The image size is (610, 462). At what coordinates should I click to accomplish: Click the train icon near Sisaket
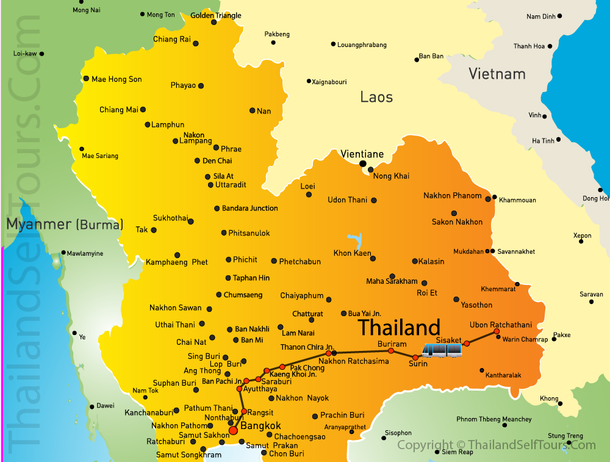tap(442, 350)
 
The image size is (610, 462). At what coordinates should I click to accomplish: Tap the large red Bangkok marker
tap(233, 431)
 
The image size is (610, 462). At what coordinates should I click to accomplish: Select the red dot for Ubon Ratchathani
tap(496, 331)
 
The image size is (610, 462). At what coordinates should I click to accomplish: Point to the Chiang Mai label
tap(119, 110)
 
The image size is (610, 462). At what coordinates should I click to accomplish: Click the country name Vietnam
tap(497, 74)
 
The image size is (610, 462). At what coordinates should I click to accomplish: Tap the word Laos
tap(376, 97)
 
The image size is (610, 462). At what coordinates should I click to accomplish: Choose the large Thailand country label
tap(399, 328)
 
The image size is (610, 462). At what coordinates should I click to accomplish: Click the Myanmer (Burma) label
tap(65, 224)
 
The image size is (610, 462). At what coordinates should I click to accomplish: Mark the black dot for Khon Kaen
tap(373, 258)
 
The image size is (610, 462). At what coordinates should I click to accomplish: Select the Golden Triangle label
tap(216, 15)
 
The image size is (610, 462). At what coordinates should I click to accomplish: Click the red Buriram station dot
tap(391, 351)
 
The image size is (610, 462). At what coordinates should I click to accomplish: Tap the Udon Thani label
tap(348, 200)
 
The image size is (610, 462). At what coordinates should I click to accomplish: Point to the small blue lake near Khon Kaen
tap(354, 240)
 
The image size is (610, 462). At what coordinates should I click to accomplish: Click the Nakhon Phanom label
tap(453, 196)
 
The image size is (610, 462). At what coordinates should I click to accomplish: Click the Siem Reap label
tap(457, 452)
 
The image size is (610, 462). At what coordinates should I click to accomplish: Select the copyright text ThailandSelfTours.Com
tap(496, 445)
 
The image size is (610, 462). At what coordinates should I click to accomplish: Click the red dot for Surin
tap(415, 357)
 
